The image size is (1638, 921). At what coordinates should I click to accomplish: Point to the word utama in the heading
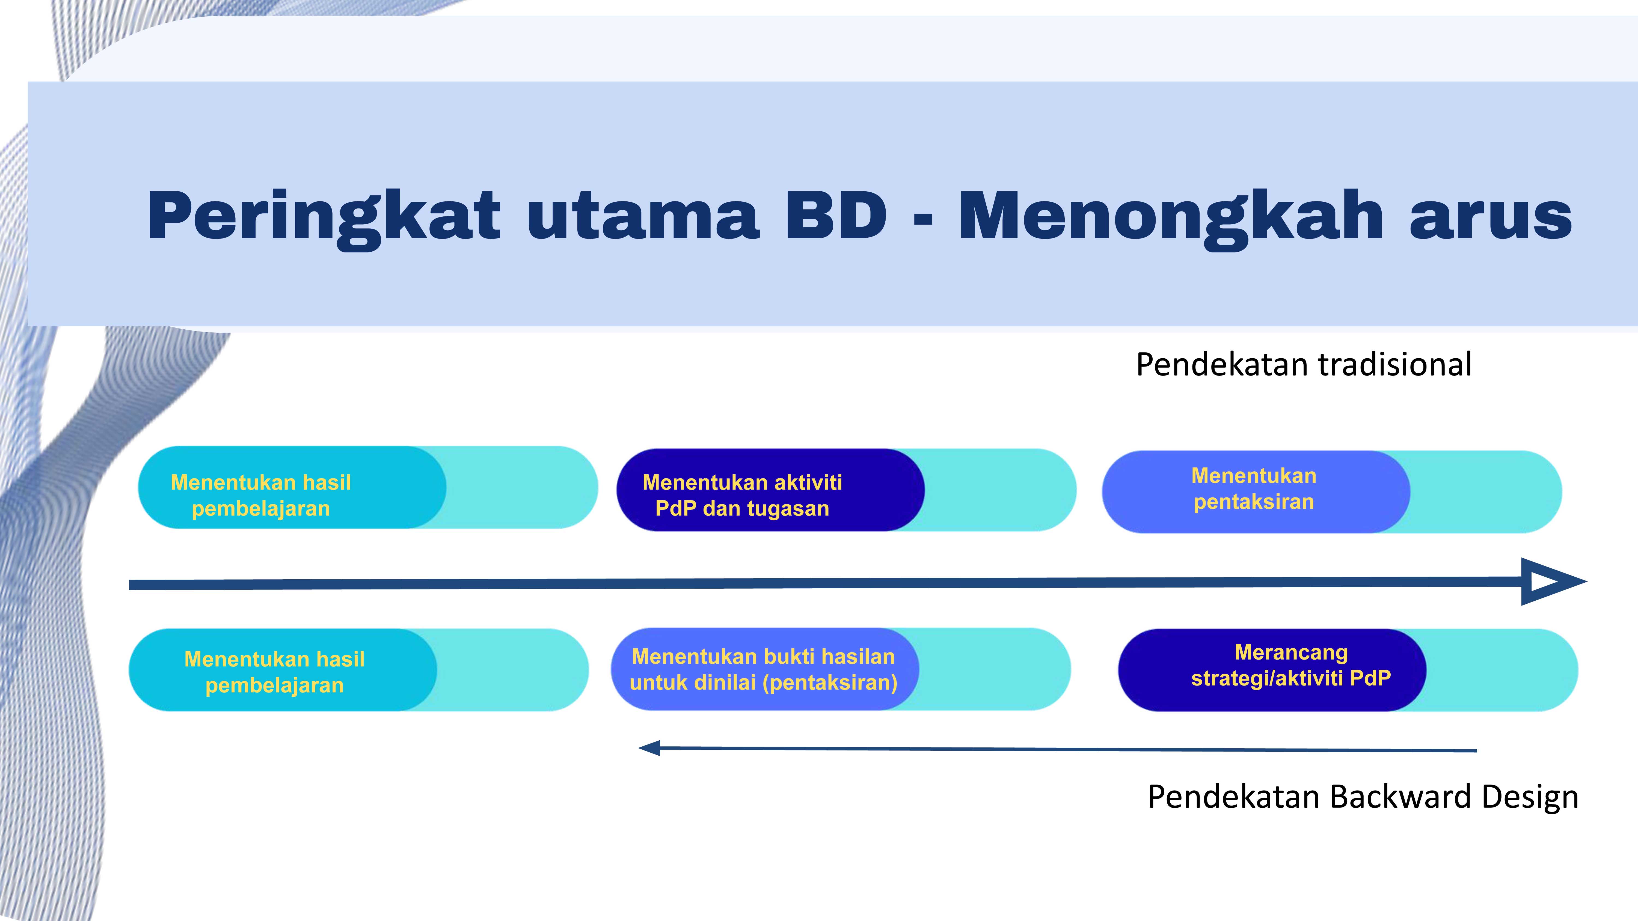(x=642, y=217)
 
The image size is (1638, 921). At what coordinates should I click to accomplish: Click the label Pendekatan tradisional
(x=1304, y=365)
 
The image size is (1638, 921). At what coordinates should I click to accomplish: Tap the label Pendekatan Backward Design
(x=1363, y=797)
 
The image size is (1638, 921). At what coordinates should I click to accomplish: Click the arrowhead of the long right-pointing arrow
(x=1551, y=582)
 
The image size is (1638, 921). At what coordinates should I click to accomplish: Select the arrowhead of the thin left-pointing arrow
(x=650, y=748)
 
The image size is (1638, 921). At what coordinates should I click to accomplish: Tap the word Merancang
(x=1291, y=653)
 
